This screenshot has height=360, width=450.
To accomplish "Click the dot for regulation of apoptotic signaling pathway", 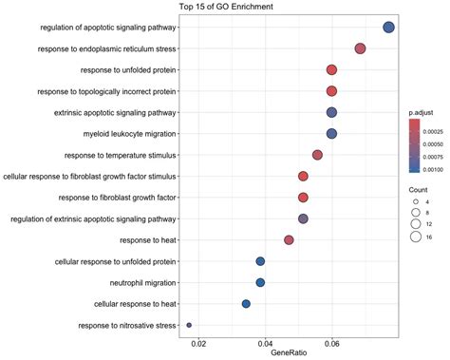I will click(388, 28).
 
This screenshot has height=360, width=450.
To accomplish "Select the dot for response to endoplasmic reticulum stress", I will click(360, 48).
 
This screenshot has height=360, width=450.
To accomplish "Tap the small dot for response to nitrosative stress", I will click(189, 325).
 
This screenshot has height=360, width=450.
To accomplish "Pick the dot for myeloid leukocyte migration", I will click(331, 134).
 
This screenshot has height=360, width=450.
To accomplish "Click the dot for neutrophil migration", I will click(260, 282).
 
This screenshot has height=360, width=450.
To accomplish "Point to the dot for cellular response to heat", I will click(246, 304).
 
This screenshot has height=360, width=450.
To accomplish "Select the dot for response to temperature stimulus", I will click(317, 155).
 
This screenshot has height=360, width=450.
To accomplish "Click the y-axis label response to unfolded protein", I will click(120, 70).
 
